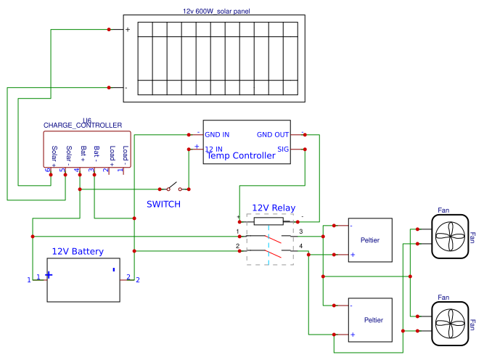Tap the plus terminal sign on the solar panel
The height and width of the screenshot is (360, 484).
128,30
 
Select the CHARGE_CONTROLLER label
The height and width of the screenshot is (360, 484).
83,126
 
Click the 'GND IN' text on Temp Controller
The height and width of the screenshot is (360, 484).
217,135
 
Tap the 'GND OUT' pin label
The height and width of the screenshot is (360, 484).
272,135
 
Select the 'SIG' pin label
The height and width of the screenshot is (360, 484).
282,149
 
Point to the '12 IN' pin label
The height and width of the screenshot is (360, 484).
214,149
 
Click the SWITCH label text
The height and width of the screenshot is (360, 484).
163,204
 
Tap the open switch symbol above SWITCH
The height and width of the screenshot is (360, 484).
174,187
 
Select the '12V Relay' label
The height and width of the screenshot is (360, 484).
273,208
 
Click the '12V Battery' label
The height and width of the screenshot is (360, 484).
77,252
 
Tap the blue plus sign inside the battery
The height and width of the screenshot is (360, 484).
49,274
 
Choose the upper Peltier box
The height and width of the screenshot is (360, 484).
370,240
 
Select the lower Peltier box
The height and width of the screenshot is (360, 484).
370,319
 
